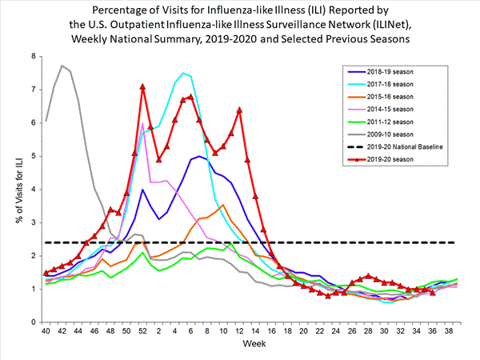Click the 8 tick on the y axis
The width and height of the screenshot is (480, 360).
pyautogui.click(x=33, y=56)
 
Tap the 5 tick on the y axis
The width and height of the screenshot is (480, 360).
pyautogui.click(x=33, y=156)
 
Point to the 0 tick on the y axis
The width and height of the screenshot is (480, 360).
pyautogui.click(x=33, y=322)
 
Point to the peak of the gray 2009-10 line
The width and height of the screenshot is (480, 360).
pyautogui.click(x=62, y=66)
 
